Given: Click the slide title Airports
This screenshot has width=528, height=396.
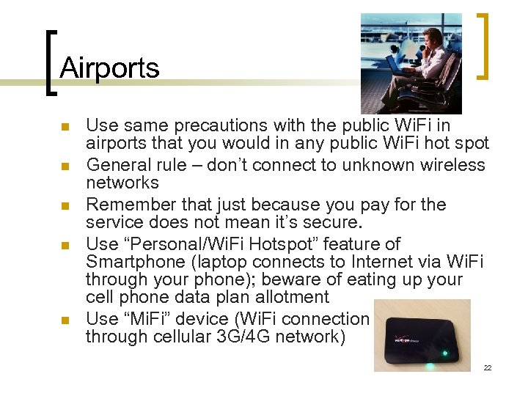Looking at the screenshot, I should click(x=109, y=68).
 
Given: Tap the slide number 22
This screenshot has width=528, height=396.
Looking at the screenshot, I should click(x=487, y=367).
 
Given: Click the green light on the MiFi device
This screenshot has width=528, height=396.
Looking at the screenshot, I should click(x=444, y=354).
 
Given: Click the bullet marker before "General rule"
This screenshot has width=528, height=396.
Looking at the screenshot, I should click(x=65, y=166).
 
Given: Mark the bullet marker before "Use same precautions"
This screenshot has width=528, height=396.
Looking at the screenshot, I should click(x=65, y=127).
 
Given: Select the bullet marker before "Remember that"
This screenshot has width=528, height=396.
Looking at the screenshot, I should click(x=65, y=206).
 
